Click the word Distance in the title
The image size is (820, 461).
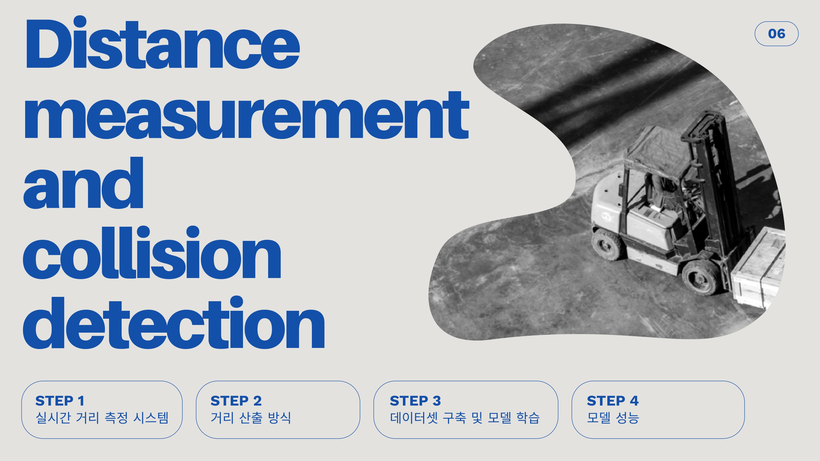click(162, 43)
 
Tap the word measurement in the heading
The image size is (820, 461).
click(246, 116)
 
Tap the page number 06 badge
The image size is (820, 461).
click(776, 34)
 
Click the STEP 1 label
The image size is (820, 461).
click(60, 401)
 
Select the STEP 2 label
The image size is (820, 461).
click(236, 401)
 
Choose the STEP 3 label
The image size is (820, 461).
click(415, 401)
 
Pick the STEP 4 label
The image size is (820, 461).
click(613, 401)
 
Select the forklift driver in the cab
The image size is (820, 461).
click(664, 191)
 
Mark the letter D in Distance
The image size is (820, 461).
click(48, 44)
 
